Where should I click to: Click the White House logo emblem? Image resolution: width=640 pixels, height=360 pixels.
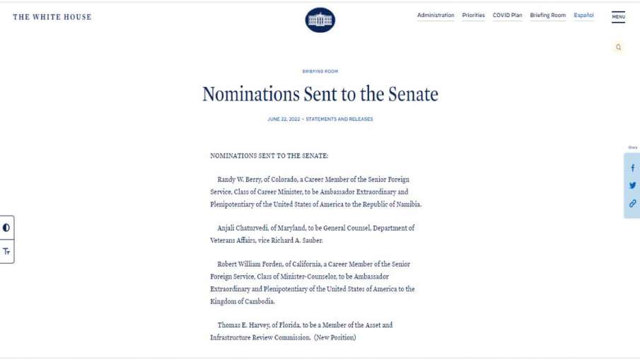pyautogui.click(x=320, y=20)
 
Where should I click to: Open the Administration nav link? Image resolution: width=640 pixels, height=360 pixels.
pyautogui.click(x=436, y=16)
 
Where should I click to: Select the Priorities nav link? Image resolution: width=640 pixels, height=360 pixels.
pyautogui.click(x=473, y=16)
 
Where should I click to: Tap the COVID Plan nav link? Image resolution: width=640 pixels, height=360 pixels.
pyautogui.click(x=507, y=16)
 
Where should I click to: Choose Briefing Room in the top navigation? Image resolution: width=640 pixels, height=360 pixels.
pyautogui.click(x=548, y=16)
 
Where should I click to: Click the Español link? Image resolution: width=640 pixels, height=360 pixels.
pyautogui.click(x=583, y=16)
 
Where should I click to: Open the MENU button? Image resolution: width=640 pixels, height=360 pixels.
pyautogui.click(x=618, y=17)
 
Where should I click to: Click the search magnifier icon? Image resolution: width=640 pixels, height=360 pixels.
pyautogui.click(x=619, y=47)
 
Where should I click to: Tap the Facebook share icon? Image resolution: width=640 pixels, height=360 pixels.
pyautogui.click(x=632, y=168)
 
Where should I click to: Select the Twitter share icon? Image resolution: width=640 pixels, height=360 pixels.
pyautogui.click(x=632, y=185)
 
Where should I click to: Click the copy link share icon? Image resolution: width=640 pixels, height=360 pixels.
pyautogui.click(x=632, y=203)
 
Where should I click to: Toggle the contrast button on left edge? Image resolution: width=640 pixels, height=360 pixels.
pyautogui.click(x=6, y=228)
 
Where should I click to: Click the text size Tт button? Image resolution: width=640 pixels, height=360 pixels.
pyautogui.click(x=6, y=251)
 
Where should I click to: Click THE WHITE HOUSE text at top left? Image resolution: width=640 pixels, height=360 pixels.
pyautogui.click(x=52, y=17)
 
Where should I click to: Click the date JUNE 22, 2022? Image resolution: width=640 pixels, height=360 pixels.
pyautogui.click(x=284, y=119)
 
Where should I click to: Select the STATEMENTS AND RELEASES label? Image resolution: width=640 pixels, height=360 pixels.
pyautogui.click(x=339, y=119)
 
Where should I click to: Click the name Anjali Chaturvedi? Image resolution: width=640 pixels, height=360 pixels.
pyautogui.click(x=244, y=228)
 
